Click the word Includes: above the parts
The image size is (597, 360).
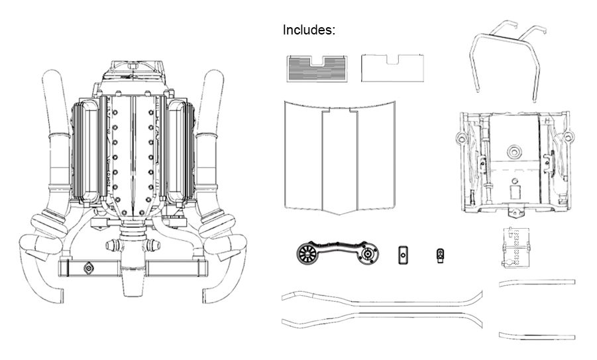309,30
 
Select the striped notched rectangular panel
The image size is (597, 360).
317,68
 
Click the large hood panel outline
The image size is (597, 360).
339,156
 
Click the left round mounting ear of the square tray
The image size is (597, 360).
459,138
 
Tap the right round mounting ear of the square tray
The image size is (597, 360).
567,137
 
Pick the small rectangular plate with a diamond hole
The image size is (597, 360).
402,254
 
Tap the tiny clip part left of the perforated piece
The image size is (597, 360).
440,254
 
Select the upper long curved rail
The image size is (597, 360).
382,299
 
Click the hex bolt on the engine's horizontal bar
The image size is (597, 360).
87,269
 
